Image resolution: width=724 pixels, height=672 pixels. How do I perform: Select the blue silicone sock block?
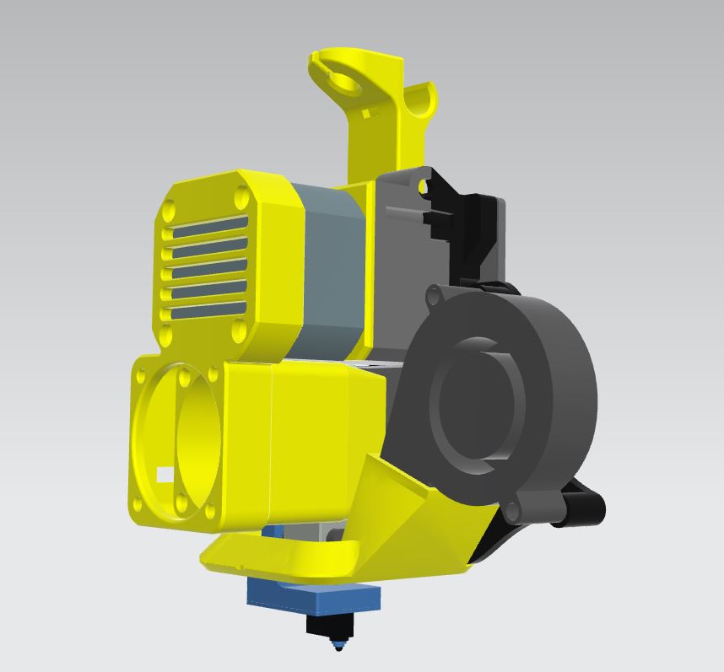(314, 598)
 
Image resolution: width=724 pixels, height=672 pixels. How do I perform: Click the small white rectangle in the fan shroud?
(165, 476)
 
